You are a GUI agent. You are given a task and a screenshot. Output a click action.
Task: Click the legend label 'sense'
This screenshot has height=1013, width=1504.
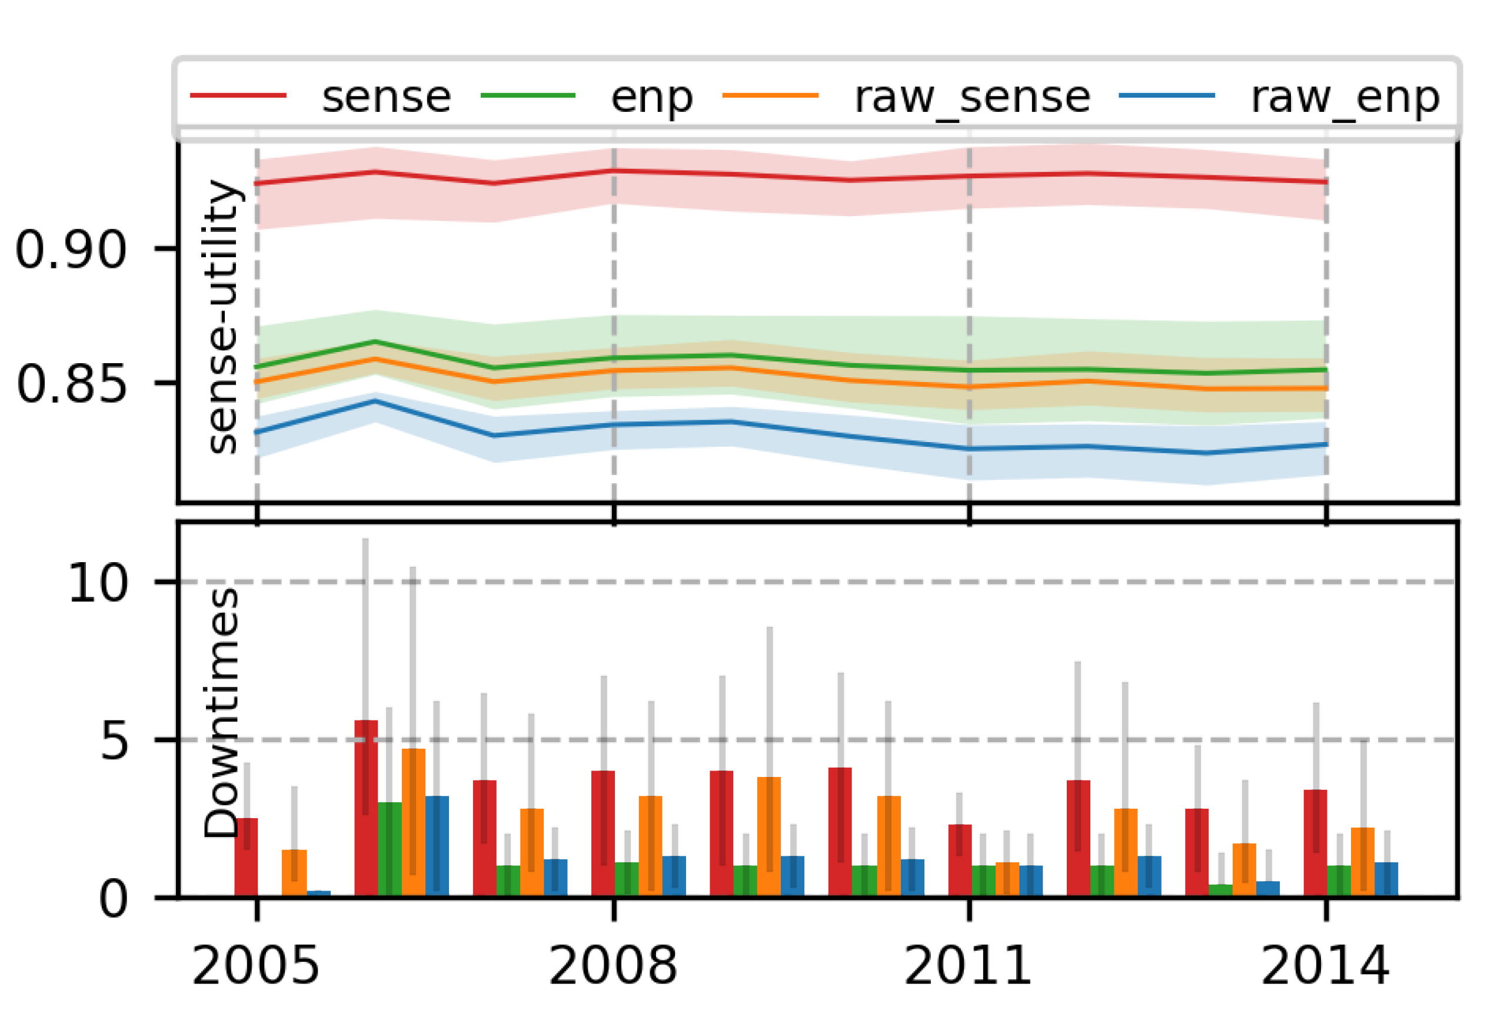(385, 98)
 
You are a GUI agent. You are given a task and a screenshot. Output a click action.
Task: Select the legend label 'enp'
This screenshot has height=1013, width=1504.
(651, 98)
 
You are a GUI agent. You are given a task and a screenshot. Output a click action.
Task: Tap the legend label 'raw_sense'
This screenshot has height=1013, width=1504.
(972, 98)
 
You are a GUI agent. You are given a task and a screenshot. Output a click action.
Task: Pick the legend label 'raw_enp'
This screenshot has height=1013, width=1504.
(1345, 98)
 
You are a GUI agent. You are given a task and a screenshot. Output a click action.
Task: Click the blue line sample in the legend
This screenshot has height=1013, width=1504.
(1166, 95)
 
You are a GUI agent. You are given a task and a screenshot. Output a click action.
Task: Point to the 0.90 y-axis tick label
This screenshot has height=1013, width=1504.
(71, 250)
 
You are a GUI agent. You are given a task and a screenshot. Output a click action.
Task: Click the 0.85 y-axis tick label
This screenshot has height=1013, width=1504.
(71, 384)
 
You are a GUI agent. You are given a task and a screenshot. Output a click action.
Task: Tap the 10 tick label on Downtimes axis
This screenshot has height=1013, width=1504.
(98, 583)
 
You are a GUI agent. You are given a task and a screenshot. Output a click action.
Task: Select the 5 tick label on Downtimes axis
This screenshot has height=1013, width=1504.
(114, 741)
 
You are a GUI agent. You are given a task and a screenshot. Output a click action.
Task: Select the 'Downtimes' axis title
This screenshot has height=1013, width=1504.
(221, 713)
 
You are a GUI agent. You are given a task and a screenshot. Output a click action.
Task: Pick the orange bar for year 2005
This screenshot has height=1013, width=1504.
(294, 873)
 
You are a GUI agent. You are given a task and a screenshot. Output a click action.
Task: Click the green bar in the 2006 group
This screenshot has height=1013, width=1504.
(390, 849)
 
